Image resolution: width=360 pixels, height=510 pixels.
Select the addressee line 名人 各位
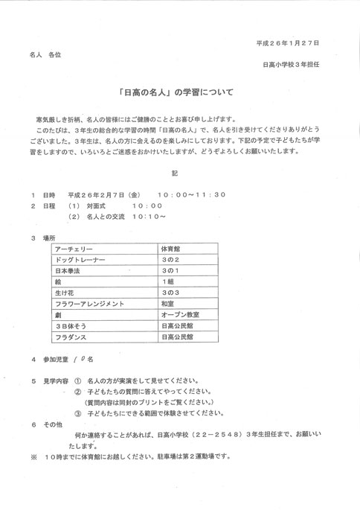[x=45, y=55]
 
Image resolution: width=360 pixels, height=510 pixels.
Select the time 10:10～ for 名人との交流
[x=149, y=217]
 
